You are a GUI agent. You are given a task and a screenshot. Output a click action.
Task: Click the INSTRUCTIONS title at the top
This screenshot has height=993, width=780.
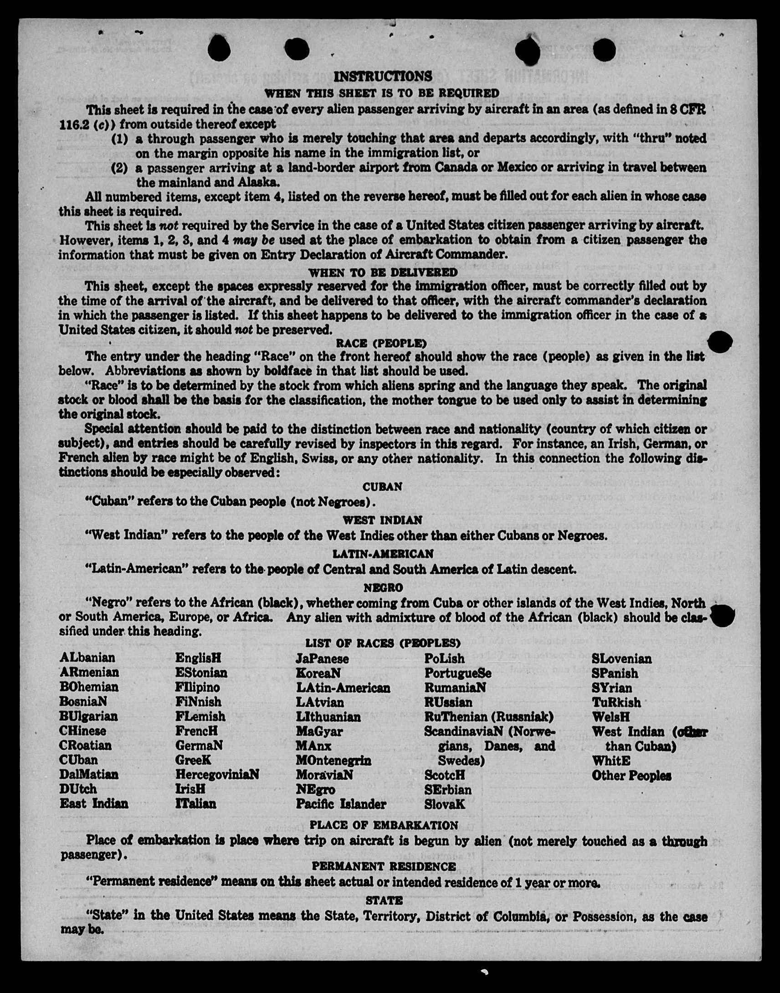[382, 76]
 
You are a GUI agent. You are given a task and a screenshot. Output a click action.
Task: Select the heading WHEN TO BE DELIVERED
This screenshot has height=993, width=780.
[383, 273]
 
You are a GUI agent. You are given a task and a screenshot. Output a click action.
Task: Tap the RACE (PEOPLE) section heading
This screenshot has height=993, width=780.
[381, 343]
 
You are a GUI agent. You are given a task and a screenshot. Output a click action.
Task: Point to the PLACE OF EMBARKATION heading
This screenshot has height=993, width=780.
[384, 825]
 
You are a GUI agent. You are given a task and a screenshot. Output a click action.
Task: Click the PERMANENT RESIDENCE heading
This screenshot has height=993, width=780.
[384, 866]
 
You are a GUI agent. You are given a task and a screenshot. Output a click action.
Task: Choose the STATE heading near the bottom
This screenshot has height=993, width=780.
[384, 900]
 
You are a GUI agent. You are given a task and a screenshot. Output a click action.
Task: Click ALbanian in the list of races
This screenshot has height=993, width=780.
[87, 658]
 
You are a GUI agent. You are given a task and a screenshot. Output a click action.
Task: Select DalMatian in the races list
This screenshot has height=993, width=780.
[88, 775]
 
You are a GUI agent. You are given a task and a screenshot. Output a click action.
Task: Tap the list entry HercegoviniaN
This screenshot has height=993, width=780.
[217, 775]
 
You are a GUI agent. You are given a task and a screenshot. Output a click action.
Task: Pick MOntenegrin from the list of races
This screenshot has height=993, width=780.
[334, 761]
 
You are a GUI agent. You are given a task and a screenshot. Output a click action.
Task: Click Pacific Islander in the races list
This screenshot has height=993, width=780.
[341, 804]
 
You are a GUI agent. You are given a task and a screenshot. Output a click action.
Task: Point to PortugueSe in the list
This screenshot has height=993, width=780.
[457, 673]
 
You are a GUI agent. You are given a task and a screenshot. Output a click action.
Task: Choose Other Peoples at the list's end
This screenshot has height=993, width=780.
[631, 776]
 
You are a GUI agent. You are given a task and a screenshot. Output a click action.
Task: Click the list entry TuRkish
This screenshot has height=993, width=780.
[616, 703]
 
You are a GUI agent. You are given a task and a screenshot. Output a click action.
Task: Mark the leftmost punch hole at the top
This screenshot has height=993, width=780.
[219, 49]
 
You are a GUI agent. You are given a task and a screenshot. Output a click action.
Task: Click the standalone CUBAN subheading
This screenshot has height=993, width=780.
[382, 487]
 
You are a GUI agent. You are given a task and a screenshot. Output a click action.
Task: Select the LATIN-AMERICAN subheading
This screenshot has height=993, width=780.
[383, 554]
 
